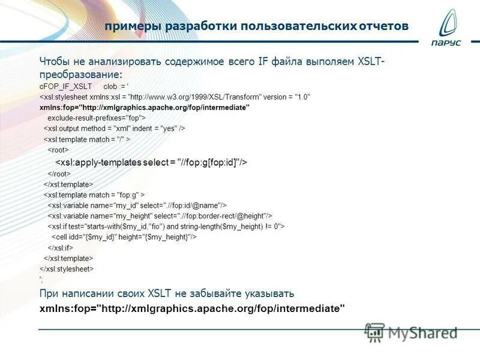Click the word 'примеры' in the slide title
[130, 26]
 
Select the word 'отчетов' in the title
[384, 26]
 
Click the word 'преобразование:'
[80, 74]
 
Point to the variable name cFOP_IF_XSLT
[66, 86]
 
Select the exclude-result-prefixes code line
[97, 118]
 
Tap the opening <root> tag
[59, 150]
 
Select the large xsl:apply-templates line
[151, 162]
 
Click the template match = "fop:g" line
[94, 195]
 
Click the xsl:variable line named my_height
[160, 215]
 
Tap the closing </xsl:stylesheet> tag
[67, 269]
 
